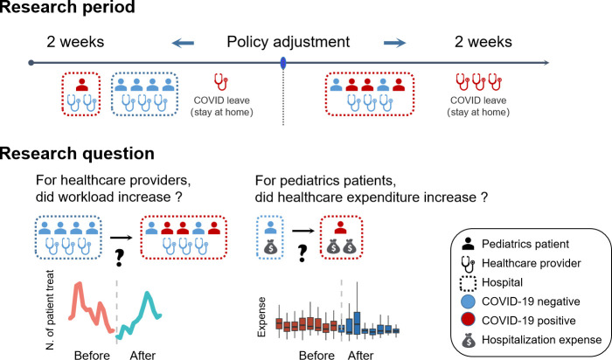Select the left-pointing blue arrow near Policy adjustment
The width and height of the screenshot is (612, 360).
(182, 40)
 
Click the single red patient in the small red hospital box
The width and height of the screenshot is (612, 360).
(82, 85)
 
